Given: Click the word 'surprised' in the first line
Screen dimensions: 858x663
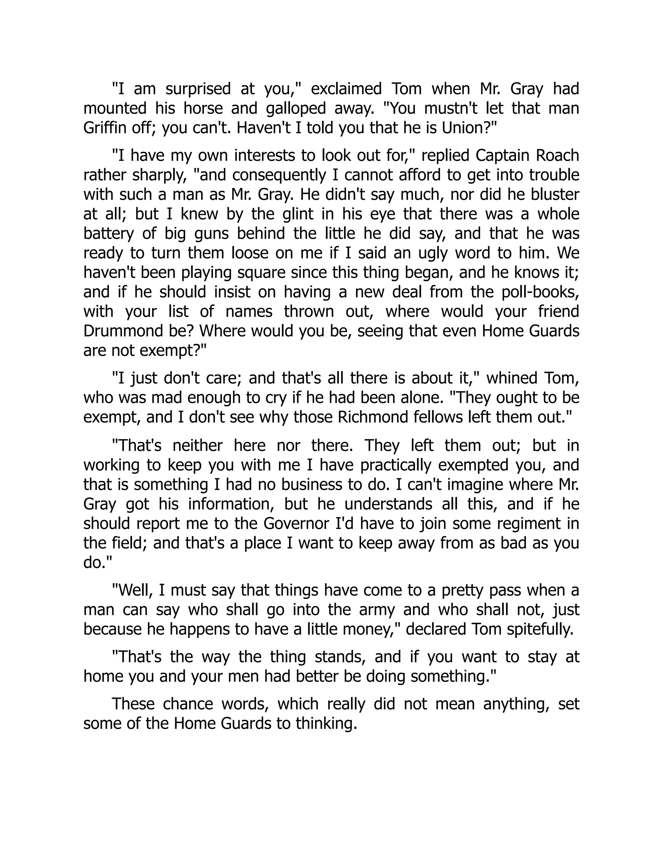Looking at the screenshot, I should (198, 89).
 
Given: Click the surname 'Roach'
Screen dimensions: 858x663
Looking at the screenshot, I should (560, 155).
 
